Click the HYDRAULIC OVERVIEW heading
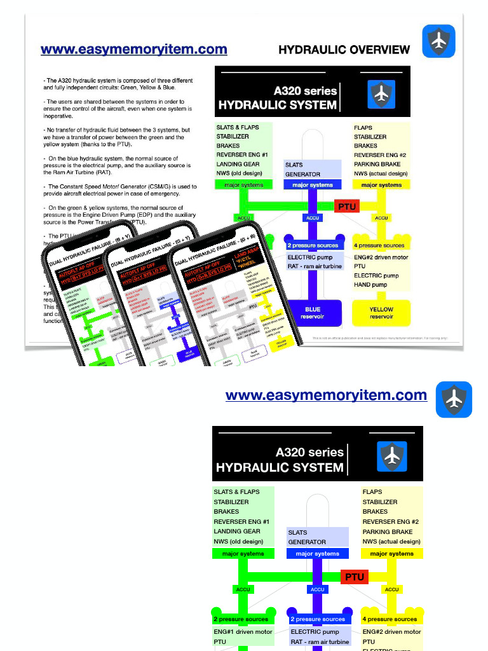pos(344,50)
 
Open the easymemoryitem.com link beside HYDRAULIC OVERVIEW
pos(133,50)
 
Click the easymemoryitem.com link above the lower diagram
pos(326,395)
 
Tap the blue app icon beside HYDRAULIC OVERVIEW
pos(438,41)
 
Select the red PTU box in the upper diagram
pos(347,206)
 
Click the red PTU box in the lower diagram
pos(355,577)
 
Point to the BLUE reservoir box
pos(313,313)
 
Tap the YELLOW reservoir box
pos(381,313)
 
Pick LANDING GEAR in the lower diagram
pos(237,531)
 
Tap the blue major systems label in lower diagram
pos(318,554)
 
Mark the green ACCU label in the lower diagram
pos(243,589)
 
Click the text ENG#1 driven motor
pos(243,632)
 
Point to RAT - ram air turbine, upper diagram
pos(315,267)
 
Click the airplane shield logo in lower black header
pos(392,456)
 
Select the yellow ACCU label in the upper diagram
pos(381,218)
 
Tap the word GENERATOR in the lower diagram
pos(307,542)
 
